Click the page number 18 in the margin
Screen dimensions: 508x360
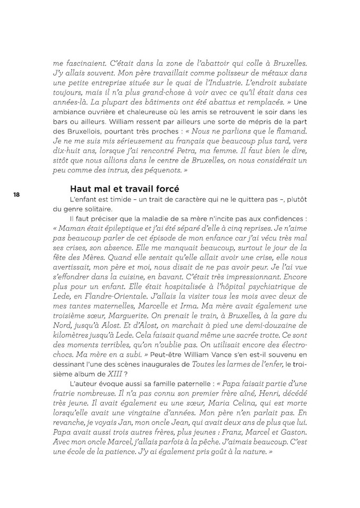click(x=16, y=195)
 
